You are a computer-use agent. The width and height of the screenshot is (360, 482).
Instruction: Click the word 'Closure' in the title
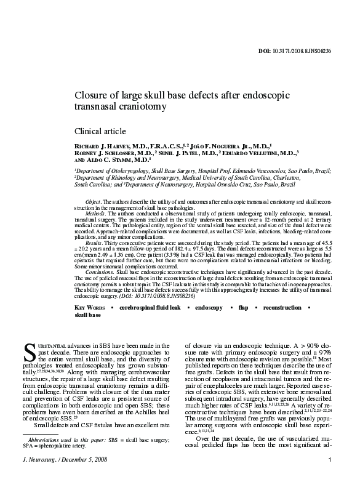[92, 95]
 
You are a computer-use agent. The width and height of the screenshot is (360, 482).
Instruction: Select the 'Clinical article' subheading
[100, 131]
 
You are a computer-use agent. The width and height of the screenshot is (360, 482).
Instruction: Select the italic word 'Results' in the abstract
[94, 243]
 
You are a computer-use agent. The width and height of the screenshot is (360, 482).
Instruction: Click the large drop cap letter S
[28, 353]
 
